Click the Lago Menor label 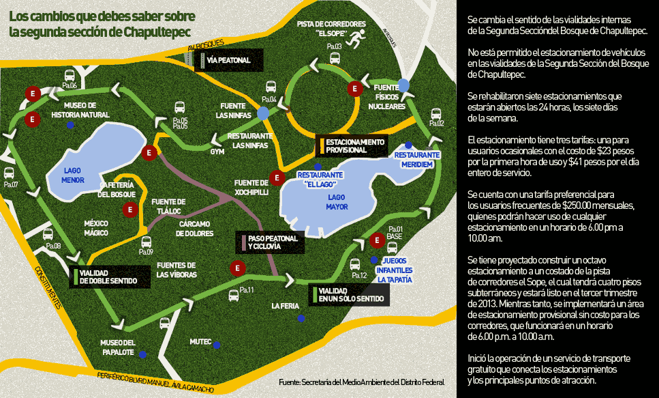click(x=73, y=175)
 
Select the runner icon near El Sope click(x=354, y=41)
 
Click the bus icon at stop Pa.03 click(x=335, y=58)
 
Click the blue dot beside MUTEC click(x=217, y=345)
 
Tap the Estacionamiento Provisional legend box click(x=350, y=145)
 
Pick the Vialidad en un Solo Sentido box click(x=348, y=294)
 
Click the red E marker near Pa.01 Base click(x=377, y=240)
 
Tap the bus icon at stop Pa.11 click(x=233, y=295)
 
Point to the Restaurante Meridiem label click(x=417, y=159)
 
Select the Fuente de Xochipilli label click(x=251, y=187)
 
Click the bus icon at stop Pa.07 click(x=10, y=173)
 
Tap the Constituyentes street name click(x=49, y=286)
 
